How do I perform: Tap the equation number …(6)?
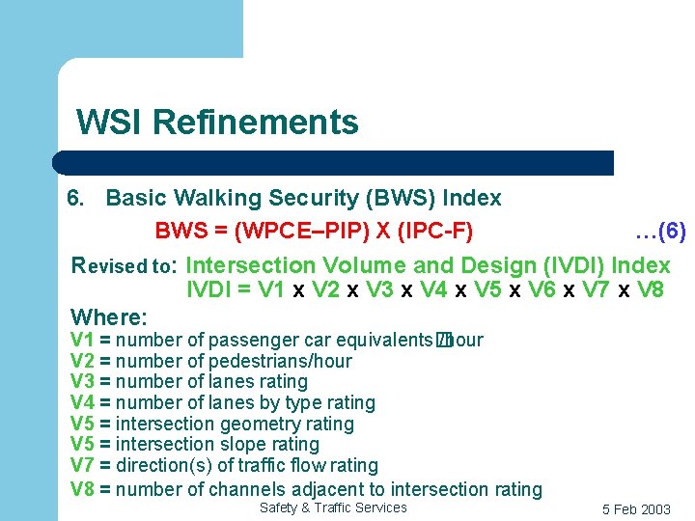point(660,232)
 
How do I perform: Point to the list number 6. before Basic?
point(75,199)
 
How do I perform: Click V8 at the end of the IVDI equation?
point(650,290)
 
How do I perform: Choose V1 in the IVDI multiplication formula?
point(265,290)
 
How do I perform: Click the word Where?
point(109,316)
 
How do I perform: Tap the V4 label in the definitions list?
point(82,403)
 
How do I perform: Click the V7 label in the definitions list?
point(82,466)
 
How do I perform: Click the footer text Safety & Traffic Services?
point(333,507)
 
